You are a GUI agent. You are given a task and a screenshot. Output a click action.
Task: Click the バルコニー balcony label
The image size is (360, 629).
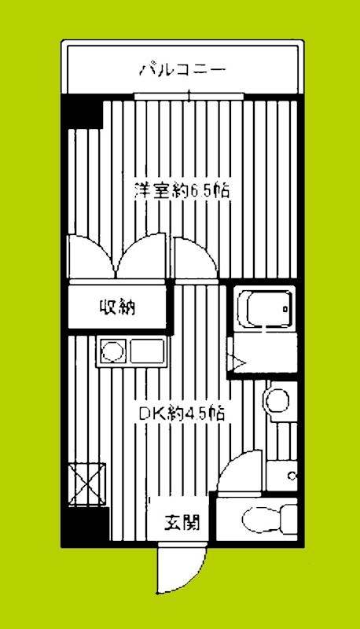click(x=183, y=69)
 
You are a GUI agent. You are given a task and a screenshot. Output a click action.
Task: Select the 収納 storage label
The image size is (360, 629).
click(x=117, y=307)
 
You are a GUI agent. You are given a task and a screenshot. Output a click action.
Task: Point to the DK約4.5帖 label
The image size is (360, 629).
click(x=182, y=414)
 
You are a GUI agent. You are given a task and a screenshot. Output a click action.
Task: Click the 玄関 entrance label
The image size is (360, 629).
click(x=182, y=520)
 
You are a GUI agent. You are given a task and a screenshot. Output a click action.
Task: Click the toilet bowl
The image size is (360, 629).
click(x=259, y=518)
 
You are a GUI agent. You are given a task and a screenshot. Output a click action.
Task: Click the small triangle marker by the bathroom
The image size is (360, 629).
click(x=236, y=361)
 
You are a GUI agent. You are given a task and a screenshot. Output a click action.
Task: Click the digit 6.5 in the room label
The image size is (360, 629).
click(x=196, y=190)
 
